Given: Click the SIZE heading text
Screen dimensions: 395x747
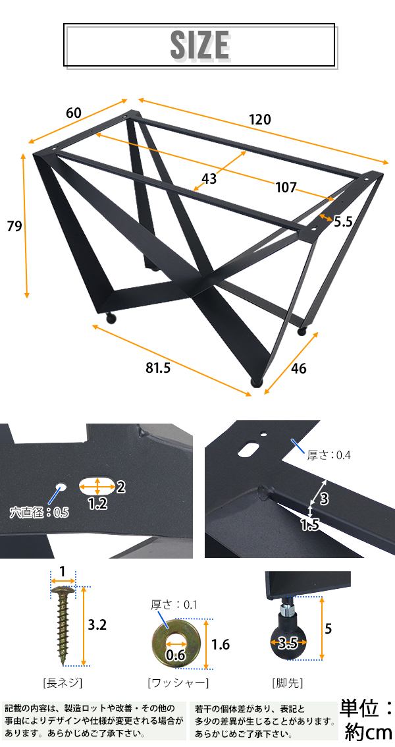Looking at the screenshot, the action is click(x=200, y=45).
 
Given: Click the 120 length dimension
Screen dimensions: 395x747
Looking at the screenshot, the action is click(x=259, y=119).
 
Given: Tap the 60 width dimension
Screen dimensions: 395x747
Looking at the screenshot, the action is click(x=74, y=113).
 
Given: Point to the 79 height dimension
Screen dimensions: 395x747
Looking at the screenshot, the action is click(x=14, y=226).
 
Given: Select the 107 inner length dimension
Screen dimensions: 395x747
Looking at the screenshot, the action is click(x=286, y=187).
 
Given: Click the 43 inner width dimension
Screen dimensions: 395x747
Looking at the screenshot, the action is click(x=209, y=179).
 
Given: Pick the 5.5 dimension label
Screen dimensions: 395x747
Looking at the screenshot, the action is click(x=342, y=221).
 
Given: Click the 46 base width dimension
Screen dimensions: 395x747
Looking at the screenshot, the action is click(x=298, y=368).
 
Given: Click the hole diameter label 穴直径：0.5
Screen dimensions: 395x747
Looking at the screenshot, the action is click(x=39, y=512).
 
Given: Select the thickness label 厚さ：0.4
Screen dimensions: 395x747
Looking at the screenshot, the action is click(x=329, y=455).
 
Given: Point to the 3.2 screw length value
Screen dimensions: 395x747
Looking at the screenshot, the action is click(x=97, y=624).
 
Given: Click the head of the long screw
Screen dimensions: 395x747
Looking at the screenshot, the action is click(x=63, y=592).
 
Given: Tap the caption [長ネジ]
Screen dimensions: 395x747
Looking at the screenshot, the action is click(x=63, y=682).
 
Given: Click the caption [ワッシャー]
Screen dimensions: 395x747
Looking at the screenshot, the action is click(x=178, y=682).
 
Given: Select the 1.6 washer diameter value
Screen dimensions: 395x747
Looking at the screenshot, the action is click(x=221, y=645).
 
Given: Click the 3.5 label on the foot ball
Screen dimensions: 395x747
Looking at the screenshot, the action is click(x=288, y=644).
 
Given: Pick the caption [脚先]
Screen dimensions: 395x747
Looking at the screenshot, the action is click(x=287, y=682).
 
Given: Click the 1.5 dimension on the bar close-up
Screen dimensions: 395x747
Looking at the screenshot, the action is click(x=309, y=524).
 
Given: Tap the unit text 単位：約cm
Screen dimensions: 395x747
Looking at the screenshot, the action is click(x=367, y=720).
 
